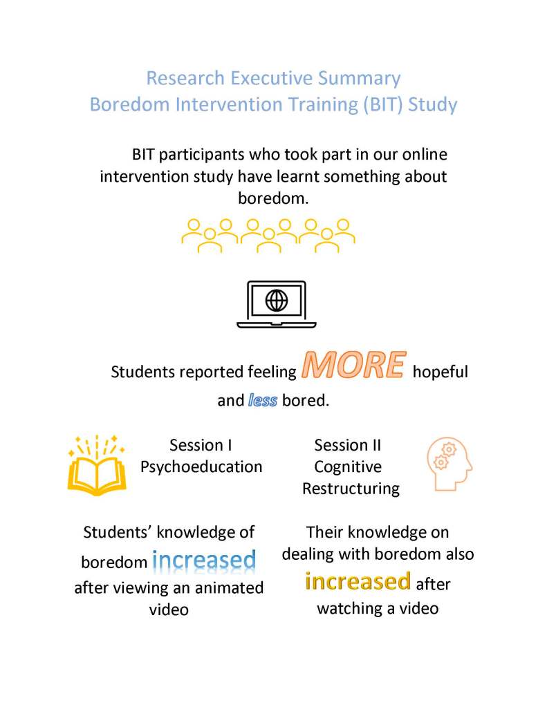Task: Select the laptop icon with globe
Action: tap(277, 305)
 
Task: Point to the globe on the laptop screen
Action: tap(277, 300)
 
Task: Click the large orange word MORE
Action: tap(353, 366)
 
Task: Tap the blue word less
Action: tap(263, 400)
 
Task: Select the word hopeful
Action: tap(441, 372)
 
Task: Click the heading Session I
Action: tap(201, 445)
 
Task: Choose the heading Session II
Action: tap(347, 445)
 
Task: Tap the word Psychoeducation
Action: tap(201, 466)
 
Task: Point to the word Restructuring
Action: tap(351, 489)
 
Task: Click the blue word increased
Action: tap(204, 560)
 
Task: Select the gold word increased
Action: tap(358, 582)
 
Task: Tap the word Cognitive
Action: tap(348, 466)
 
